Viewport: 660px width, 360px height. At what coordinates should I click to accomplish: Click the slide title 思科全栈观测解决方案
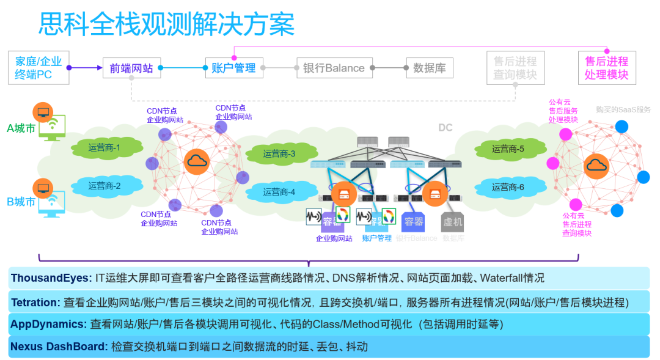pos(166,24)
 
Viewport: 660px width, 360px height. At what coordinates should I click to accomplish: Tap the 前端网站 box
pos(131,68)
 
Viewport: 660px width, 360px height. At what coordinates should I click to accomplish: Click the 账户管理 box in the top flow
pos(233,68)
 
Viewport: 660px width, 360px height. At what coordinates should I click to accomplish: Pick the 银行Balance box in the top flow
pos(334,68)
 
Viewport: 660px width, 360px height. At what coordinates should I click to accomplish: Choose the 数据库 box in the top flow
pos(429,68)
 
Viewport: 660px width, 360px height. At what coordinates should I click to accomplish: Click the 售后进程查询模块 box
pos(515,67)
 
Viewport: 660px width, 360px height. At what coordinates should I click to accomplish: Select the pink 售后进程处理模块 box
pos(606,67)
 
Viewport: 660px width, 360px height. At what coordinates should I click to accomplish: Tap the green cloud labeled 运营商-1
pos(104,147)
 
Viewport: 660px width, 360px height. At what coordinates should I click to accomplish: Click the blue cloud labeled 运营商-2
pos(104,185)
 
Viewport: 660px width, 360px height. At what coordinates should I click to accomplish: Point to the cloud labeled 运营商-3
pos(279,154)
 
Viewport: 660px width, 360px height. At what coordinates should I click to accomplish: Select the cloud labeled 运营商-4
pos(279,192)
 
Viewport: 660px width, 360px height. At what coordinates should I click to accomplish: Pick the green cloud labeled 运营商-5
pos(508,149)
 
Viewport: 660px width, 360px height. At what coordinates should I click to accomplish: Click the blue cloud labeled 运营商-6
pos(508,187)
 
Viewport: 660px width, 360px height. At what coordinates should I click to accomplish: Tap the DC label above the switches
pos(445,128)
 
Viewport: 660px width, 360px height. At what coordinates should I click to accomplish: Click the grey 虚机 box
pos(453,221)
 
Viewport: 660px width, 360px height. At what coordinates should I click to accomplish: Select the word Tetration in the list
pos(35,302)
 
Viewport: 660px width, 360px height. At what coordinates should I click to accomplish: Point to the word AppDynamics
pos(48,324)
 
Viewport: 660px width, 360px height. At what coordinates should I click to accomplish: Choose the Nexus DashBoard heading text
pos(59,347)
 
